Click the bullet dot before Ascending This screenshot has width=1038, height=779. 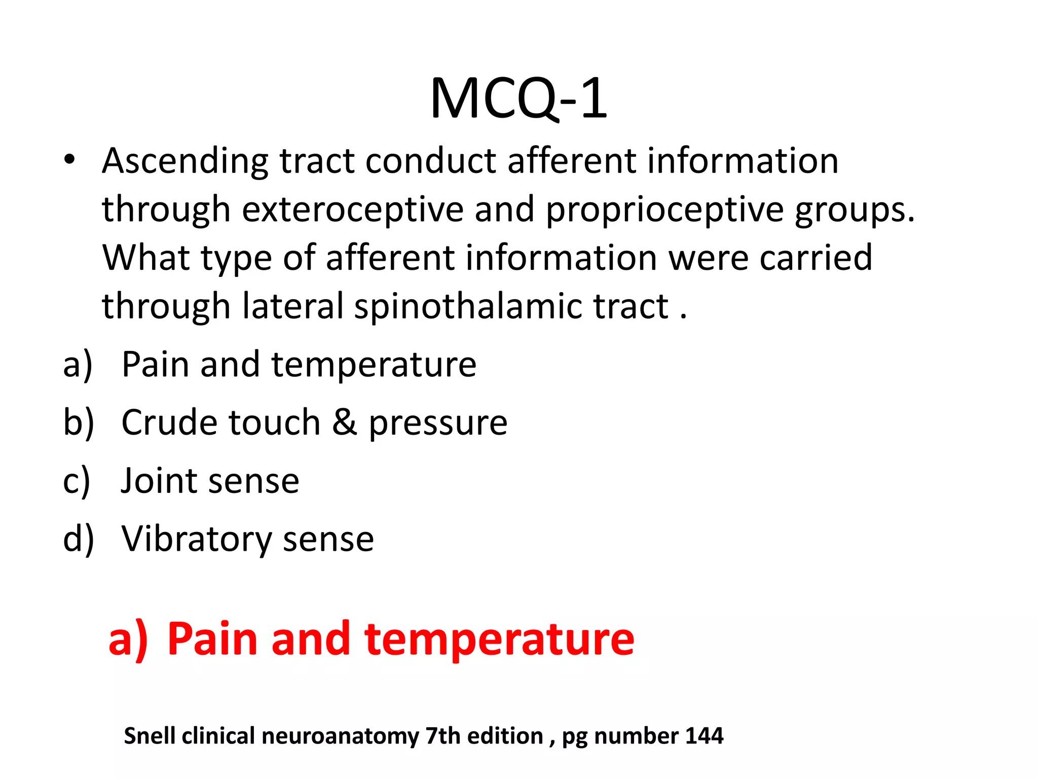(69, 159)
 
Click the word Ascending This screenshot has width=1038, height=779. (185, 162)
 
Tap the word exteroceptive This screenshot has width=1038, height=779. (352, 209)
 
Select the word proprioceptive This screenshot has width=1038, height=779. (664, 209)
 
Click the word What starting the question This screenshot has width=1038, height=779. (146, 258)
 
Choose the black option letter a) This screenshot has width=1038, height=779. (78, 365)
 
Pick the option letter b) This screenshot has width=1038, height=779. (79, 422)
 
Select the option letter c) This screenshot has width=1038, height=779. (77, 481)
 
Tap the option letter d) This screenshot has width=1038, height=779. (79, 539)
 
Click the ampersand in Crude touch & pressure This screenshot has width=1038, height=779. (344, 422)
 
